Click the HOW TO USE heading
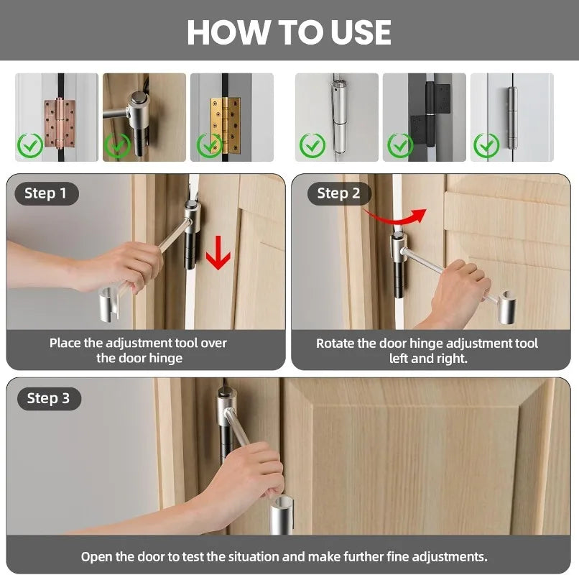[289, 32]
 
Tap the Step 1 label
[45, 193]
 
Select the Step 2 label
[338, 193]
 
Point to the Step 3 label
[48, 398]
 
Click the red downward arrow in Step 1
[218, 253]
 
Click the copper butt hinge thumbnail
[57, 117]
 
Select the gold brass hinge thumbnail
[232, 117]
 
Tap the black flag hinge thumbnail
[425, 117]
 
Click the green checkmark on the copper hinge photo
[30, 146]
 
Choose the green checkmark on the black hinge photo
[400, 146]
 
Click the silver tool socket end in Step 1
[109, 303]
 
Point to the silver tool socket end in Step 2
[507, 308]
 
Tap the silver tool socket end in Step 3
[282, 515]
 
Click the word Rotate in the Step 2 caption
[332, 344]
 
